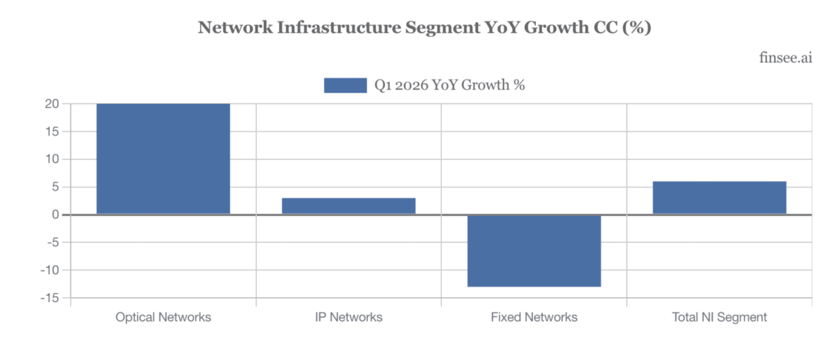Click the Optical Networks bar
click(163, 159)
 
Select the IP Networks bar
click(349, 206)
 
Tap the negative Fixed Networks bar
click(534, 251)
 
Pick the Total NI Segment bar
click(720, 197)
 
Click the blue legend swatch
click(346, 85)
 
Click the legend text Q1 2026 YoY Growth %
click(449, 85)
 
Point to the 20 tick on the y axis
click(52, 104)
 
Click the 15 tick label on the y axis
click(53, 132)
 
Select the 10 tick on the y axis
click(53, 159)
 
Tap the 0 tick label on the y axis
click(55, 215)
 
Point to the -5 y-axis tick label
click(53, 242)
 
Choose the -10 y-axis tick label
click(50, 270)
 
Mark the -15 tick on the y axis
click(50, 298)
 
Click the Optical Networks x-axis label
click(163, 317)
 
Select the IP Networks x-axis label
click(349, 317)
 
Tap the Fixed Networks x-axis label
click(534, 317)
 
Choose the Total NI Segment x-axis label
click(720, 317)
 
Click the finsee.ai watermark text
click(786, 58)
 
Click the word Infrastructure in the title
click(339, 28)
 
